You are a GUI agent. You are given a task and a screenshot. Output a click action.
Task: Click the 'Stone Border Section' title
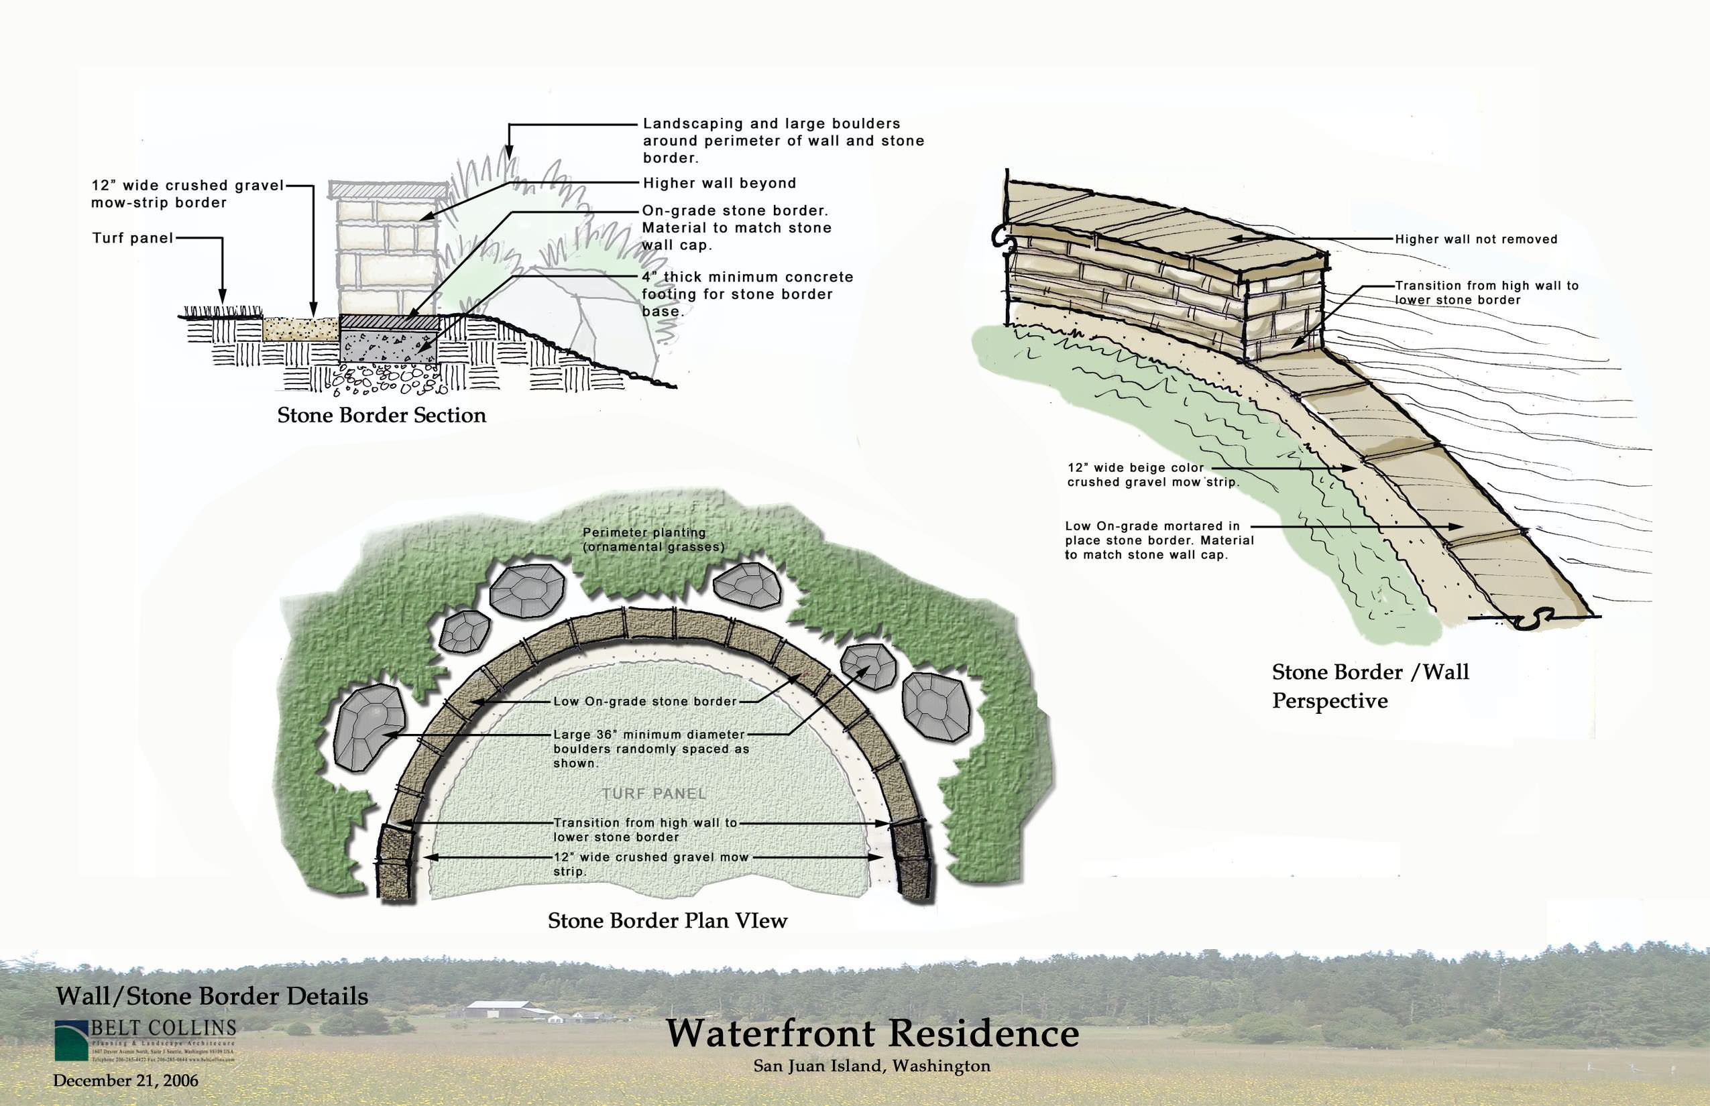point(382,415)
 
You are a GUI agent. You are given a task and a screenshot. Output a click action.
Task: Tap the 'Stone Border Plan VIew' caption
point(667,921)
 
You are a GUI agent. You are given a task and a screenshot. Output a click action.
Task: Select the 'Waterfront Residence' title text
point(872,1034)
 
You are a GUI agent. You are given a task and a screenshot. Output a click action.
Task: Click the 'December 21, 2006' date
point(126,1080)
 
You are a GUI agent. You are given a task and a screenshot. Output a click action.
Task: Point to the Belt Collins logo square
point(71,1042)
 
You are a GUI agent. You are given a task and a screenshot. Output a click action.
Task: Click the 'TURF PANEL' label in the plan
point(654,794)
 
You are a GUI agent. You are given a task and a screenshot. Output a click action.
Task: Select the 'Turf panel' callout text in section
point(133,238)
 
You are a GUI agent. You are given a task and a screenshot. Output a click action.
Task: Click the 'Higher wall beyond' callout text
point(719,183)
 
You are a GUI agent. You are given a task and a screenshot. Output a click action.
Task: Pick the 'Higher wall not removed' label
point(1476,239)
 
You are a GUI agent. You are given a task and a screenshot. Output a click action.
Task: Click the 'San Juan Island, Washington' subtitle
point(872,1066)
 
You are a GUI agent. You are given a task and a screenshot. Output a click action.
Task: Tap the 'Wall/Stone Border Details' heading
point(212,996)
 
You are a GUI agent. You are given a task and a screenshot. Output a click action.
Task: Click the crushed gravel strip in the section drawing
point(301,329)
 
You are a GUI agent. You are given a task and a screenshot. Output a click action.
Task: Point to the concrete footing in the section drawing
point(389,346)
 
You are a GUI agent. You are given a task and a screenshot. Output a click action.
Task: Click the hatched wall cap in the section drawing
point(389,190)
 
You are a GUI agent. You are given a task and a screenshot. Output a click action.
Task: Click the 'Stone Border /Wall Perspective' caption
point(1369,686)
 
